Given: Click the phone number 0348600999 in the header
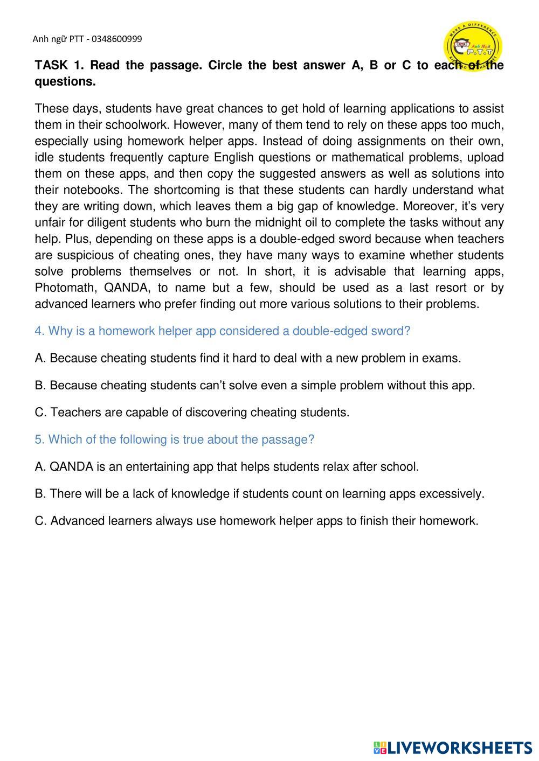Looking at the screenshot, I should point(117,39).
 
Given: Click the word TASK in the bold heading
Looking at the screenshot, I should point(51,65).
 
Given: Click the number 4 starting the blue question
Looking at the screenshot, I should point(38,331).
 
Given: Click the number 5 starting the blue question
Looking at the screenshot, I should point(38,439).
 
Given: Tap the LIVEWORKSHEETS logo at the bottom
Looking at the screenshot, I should point(453,748).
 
